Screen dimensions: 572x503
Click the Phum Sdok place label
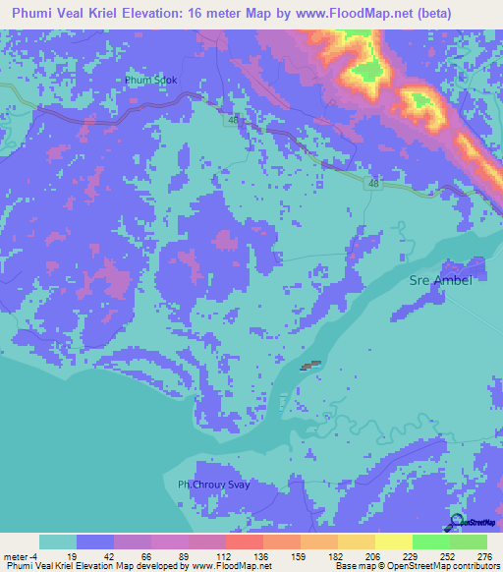(150, 81)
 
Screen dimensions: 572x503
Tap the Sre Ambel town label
(440, 281)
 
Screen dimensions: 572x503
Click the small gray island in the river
(310, 366)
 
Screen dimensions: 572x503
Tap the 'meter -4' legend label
(21, 555)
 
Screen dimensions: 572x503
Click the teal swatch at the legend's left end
(58, 542)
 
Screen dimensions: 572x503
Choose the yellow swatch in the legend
(393, 542)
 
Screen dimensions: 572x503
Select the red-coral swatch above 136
(244, 542)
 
